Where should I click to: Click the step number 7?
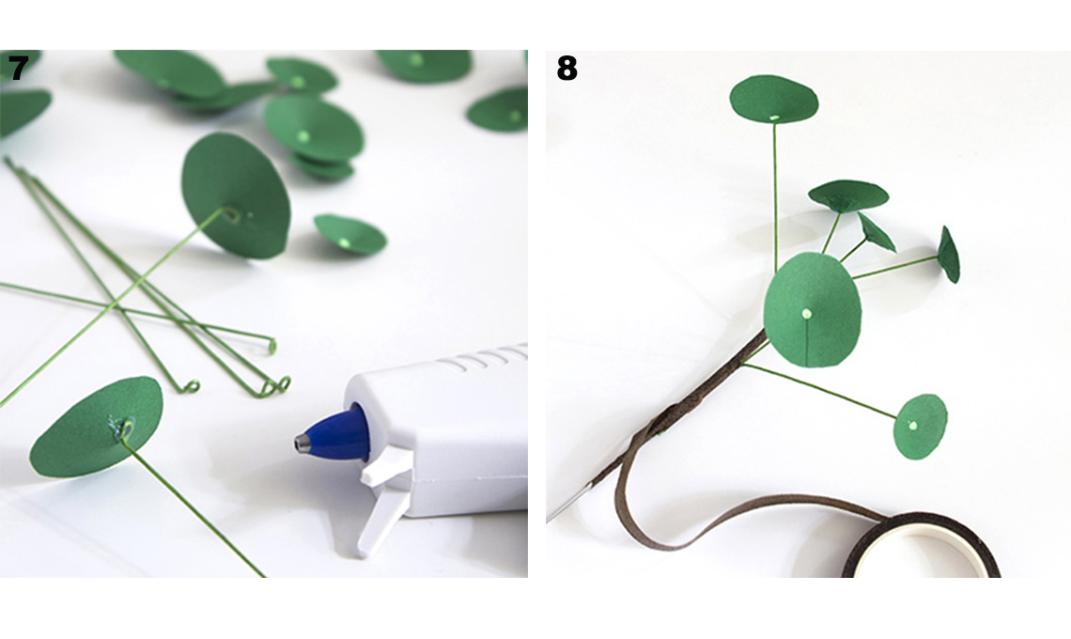click(19, 69)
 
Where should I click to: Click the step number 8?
click(567, 69)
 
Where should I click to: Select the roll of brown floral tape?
click(923, 547)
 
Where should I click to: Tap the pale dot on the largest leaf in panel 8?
click(807, 314)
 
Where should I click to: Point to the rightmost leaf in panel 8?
click(949, 255)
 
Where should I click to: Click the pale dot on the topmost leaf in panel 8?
click(774, 117)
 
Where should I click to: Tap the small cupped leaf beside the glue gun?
click(349, 234)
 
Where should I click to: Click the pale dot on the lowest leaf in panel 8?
click(913, 426)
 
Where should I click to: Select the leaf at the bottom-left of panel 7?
click(96, 428)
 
